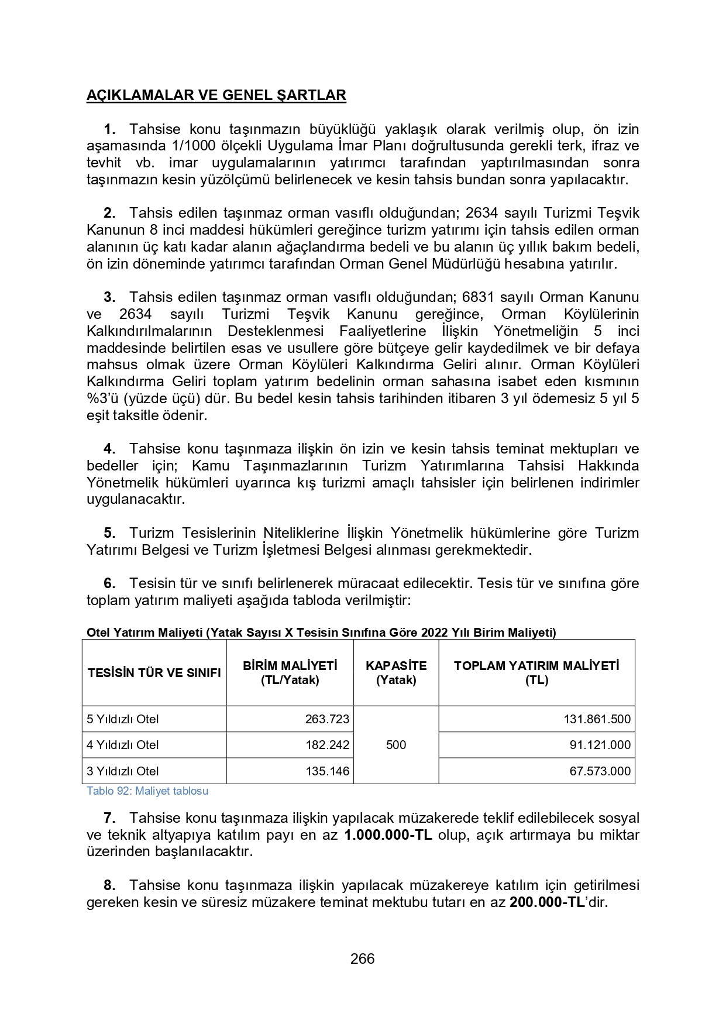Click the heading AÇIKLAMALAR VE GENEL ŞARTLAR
pyautogui.click(x=216, y=95)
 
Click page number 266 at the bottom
pyautogui.click(x=362, y=959)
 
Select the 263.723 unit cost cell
pyautogui.click(x=327, y=719)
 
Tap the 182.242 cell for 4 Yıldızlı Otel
pyautogui.click(x=327, y=745)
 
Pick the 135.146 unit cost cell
pyautogui.click(x=327, y=771)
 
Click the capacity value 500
pyautogui.click(x=396, y=745)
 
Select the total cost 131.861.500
pyautogui.click(x=597, y=719)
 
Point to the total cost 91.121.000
pyautogui.click(x=600, y=745)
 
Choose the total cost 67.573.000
pyautogui.click(x=600, y=771)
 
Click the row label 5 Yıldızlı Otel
pyautogui.click(x=123, y=719)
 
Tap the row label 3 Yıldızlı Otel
pyautogui.click(x=123, y=771)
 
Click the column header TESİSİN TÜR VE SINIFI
pyautogui.click(x=154, y=673)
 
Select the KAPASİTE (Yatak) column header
pyautogui.click(x=396, y=673)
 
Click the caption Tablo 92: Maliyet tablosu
pyautogui.click(x=147, y=791)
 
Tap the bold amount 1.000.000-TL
pyautogui.click(x=388, y=835)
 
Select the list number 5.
pyautogui.click(x=109, y=533)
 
